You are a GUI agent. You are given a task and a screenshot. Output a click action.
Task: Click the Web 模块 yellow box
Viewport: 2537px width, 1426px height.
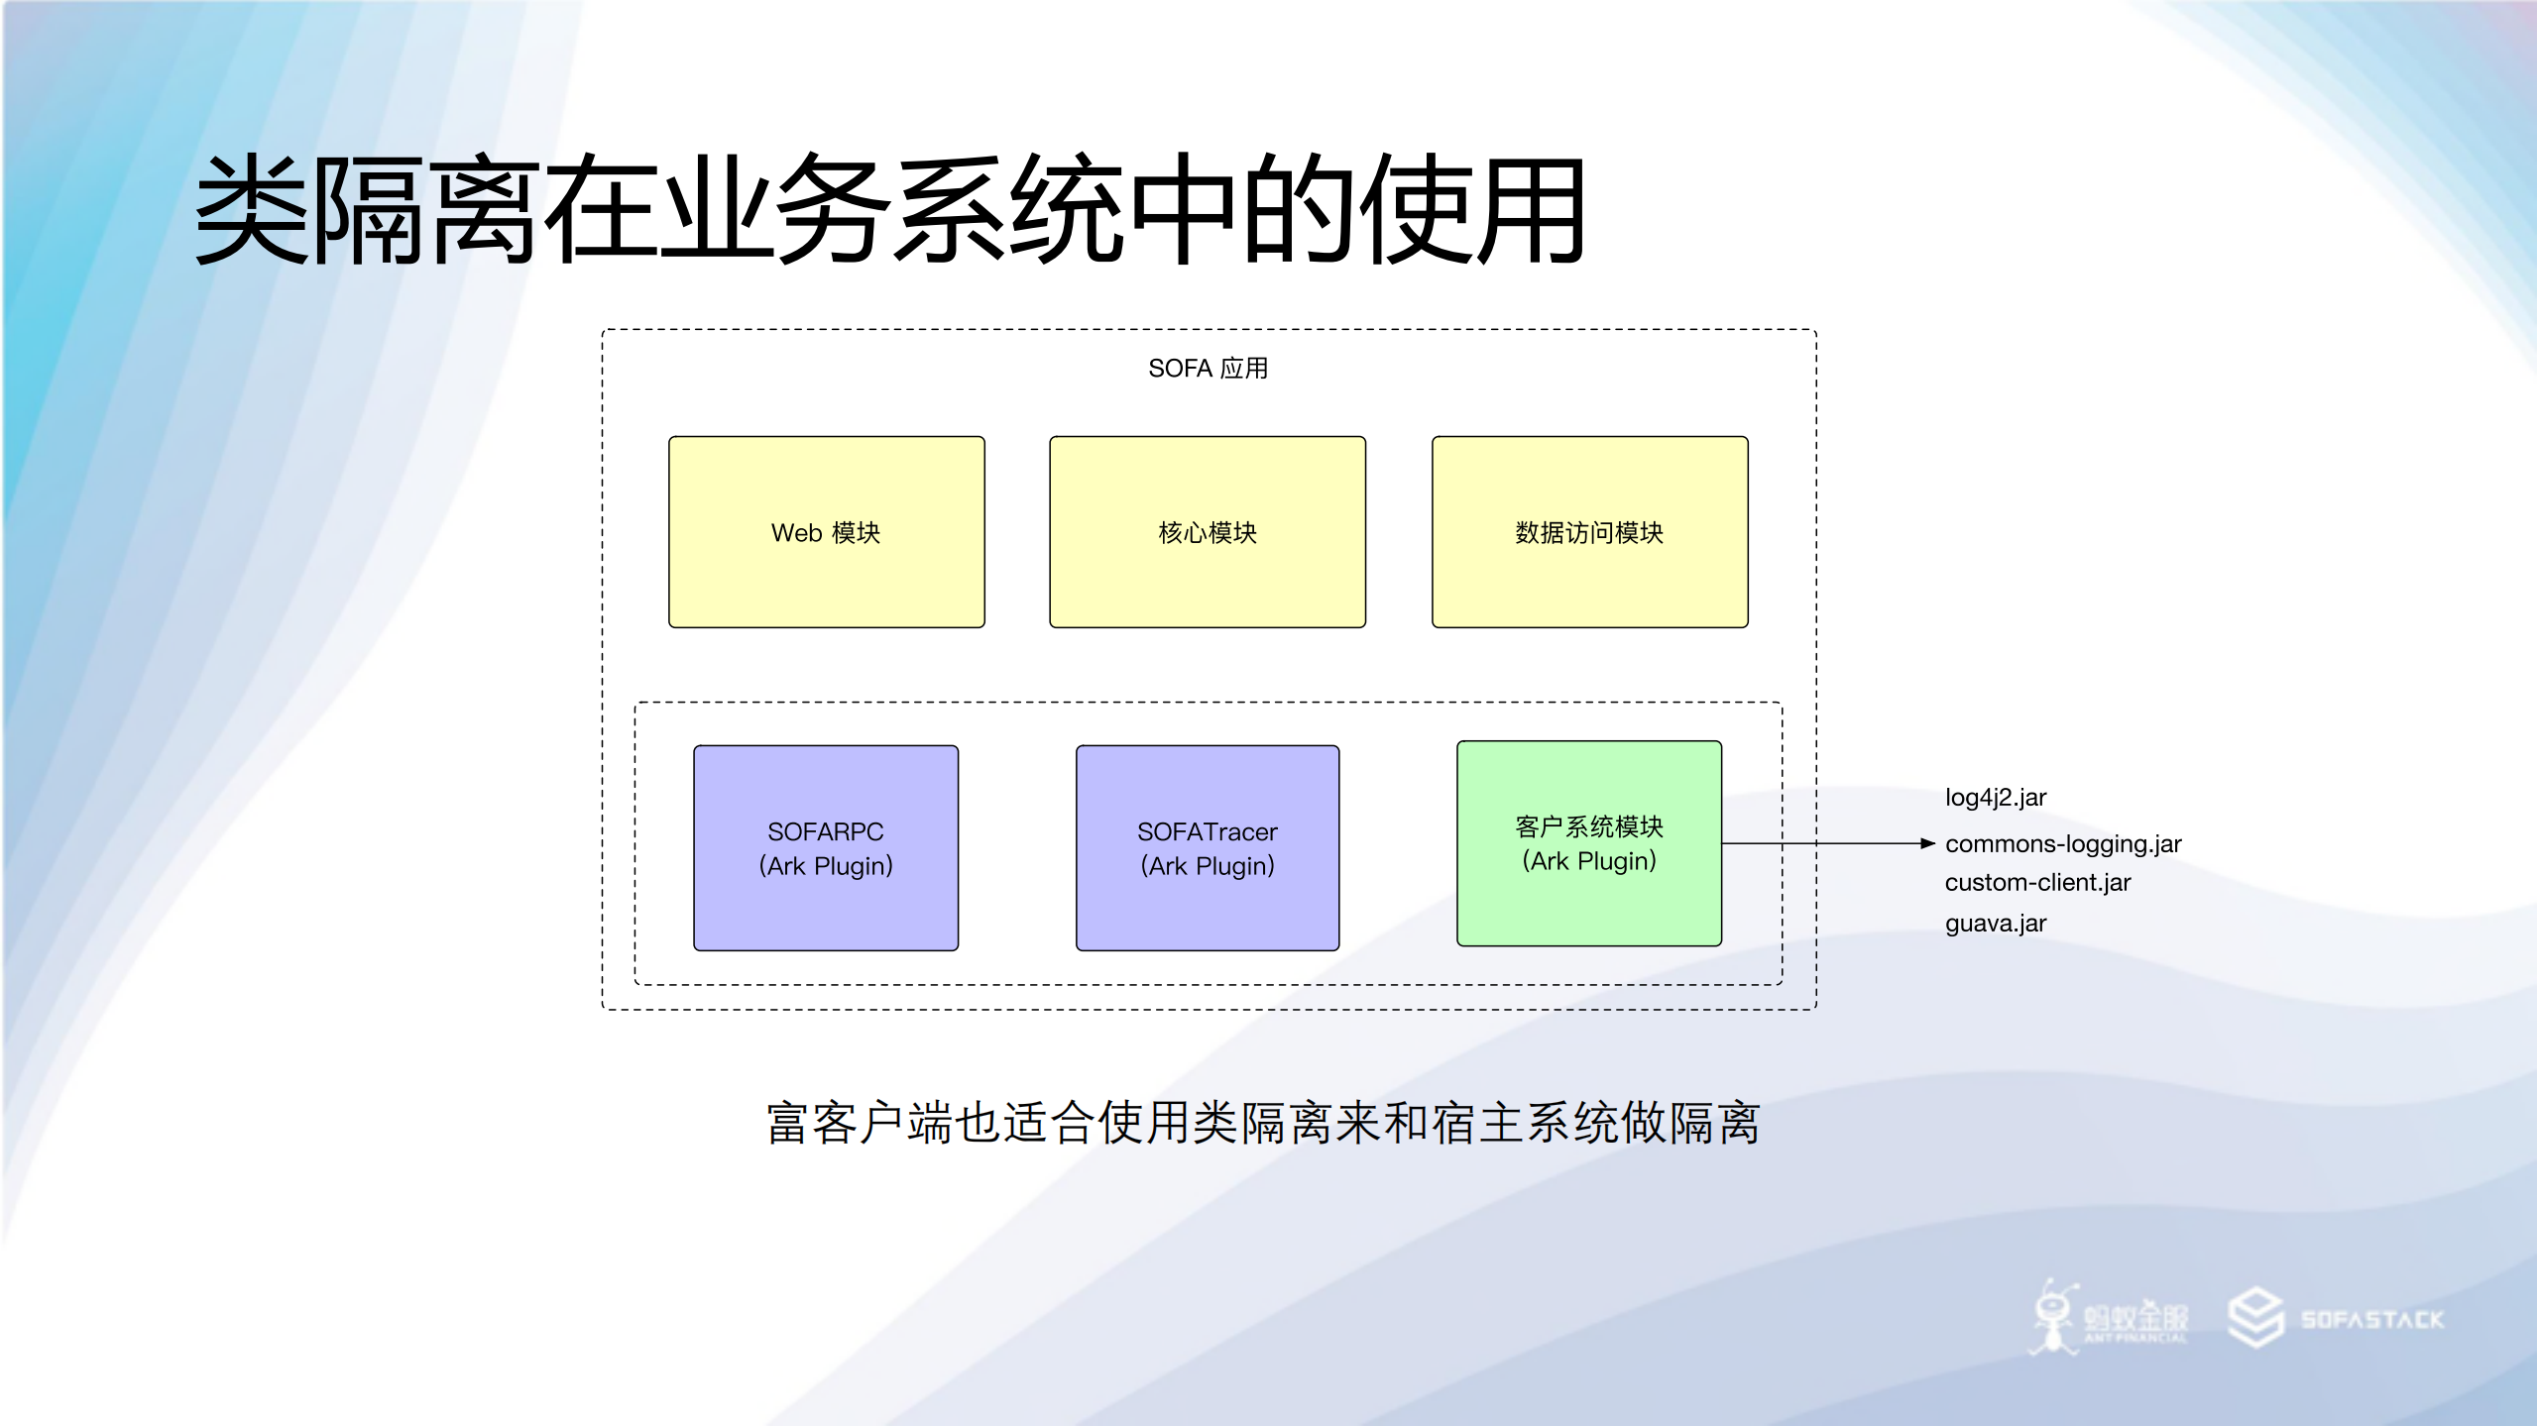826,532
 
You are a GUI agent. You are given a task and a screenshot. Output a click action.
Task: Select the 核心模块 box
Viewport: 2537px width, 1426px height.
1207,532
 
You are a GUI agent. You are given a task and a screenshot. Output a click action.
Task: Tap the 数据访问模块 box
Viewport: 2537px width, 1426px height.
1589,532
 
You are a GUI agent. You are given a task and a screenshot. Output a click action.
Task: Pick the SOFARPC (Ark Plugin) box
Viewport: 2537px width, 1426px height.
825,847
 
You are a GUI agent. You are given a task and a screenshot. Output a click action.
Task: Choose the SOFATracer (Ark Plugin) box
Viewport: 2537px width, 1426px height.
1207,847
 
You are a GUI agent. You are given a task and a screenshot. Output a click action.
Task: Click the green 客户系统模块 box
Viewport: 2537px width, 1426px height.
1588,843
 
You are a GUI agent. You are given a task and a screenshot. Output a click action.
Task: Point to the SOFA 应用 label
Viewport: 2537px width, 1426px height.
1208,369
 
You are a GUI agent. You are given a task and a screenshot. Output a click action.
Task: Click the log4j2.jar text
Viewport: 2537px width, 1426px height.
1995,798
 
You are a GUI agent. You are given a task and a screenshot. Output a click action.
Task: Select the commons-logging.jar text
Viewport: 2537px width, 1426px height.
2062,844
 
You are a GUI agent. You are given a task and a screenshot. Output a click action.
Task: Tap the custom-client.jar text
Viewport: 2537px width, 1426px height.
2036,883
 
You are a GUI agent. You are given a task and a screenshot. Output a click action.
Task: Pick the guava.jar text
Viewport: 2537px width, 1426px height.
1995,924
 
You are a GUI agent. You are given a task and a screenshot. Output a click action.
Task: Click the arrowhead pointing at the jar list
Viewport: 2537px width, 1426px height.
1927,844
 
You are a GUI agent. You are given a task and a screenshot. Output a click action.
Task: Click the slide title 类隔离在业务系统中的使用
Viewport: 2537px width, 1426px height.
889,210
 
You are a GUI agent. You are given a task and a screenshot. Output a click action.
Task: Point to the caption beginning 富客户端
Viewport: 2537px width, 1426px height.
1262,1124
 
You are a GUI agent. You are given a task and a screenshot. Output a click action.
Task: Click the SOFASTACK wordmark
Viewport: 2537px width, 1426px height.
2371,1320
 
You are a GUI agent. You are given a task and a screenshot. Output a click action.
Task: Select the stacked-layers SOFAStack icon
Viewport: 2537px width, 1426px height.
2255,1317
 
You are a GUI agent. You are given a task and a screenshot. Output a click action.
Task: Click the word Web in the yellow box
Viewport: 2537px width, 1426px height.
796,533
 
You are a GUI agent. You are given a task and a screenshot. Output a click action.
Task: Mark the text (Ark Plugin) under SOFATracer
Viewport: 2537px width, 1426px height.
1207,866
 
